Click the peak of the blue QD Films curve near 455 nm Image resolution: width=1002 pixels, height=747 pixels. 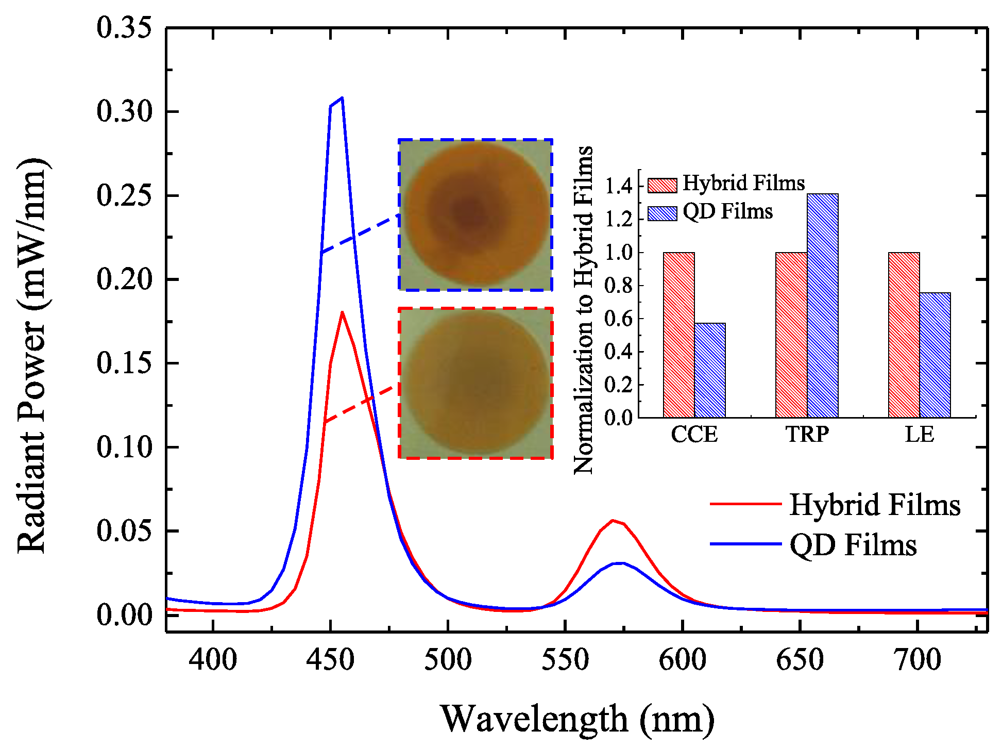tap(342, 98)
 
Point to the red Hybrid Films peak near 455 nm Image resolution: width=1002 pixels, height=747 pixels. tap(342, 312)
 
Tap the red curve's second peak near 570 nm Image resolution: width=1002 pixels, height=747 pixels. tap(613, 520)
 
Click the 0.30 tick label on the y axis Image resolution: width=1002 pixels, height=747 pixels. tap(124, 111)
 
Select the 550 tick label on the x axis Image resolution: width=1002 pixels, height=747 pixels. tap(565, 660)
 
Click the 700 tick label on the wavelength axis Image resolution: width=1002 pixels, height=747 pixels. tap(918, 660)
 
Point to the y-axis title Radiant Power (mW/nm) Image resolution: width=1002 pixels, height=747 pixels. tap(32, 356)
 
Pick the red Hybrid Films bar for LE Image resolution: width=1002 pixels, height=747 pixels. tap(904, 335)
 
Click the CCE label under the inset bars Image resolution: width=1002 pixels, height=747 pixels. tap(694, 435)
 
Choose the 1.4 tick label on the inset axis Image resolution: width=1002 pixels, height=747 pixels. tap(619, 186)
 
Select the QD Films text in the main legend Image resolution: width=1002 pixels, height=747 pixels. tap(853, 545)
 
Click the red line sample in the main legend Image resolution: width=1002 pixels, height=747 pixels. tap(745, 504)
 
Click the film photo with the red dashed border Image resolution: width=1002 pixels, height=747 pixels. tap(475, 383)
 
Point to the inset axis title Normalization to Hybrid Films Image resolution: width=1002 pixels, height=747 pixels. tap(584, 309)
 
